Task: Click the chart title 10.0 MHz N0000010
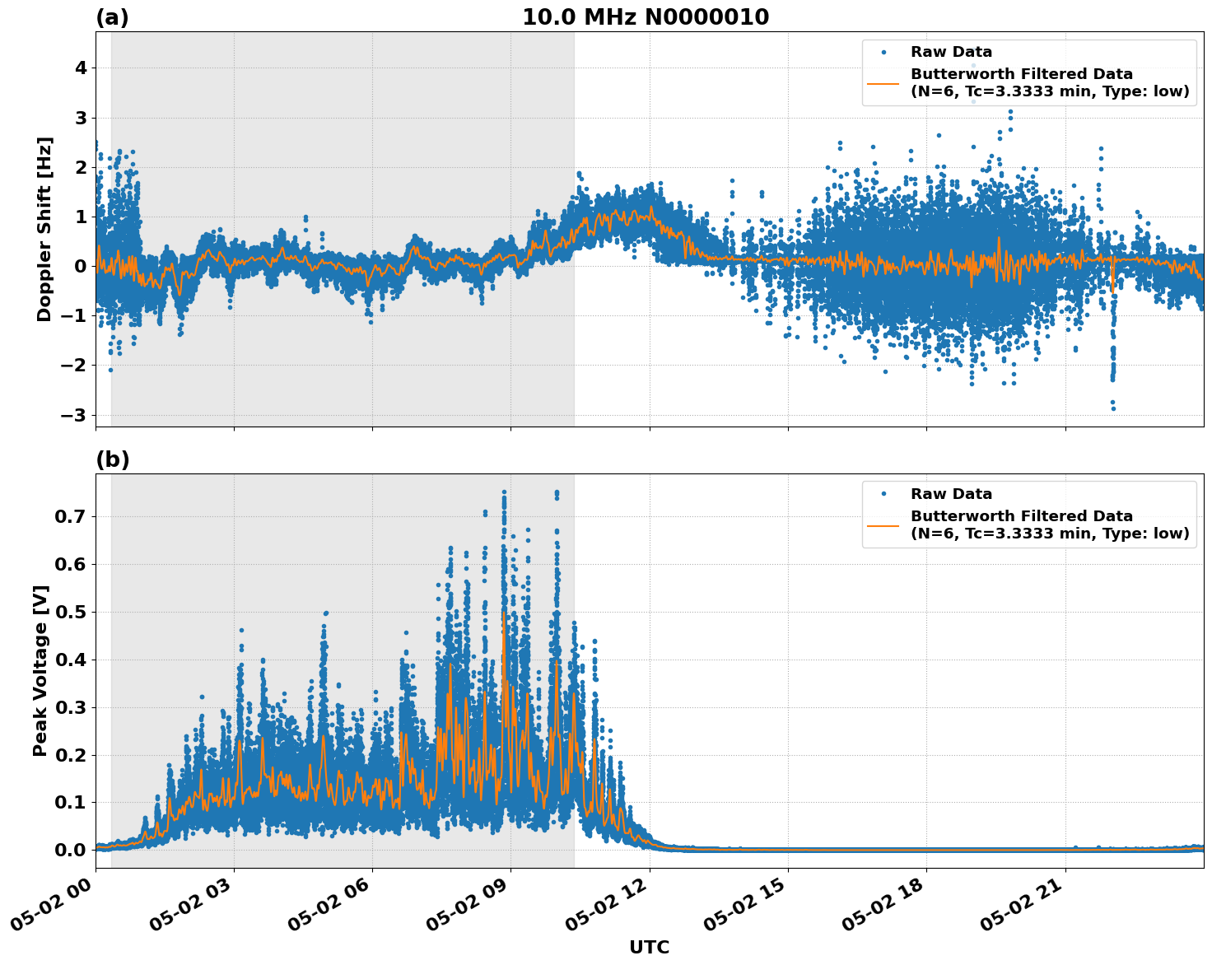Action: (x=646, y=17)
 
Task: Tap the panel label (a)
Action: (x=112, y=17)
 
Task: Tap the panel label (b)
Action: (x=112, y=459)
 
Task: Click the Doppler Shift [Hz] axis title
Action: (x=44, y=229)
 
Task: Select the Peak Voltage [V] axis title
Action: (x=40, y=670)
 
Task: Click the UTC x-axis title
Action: (x=649, y=947)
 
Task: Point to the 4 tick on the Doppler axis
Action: (x=81, y=68)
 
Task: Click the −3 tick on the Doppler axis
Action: (x=74, y=415)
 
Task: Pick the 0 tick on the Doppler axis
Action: (x=81, y=266)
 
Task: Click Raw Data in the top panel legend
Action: (x=951, y=53)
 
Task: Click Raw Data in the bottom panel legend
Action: (x=951, y=494)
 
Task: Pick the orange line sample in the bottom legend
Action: (x=883, y=525)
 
